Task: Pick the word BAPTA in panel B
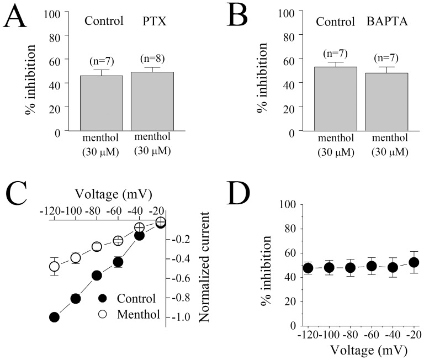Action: coord(386,23)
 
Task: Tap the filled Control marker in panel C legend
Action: coord(102,299)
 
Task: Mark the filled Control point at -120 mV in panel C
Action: coord(54,317)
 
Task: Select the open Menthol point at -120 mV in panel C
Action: coord(54,267)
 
